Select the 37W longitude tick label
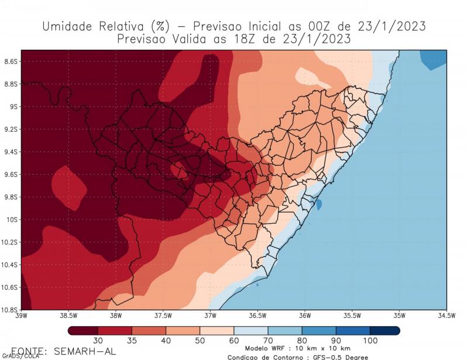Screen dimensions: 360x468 [x=210, y=316]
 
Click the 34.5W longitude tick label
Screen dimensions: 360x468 [x=446, y=316]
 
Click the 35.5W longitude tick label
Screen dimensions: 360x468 [x=352, y=316]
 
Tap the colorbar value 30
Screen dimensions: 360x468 [x=98, y=341]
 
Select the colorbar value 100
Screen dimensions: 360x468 [x=370, y=341]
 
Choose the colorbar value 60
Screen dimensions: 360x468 [x=234, y=341]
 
